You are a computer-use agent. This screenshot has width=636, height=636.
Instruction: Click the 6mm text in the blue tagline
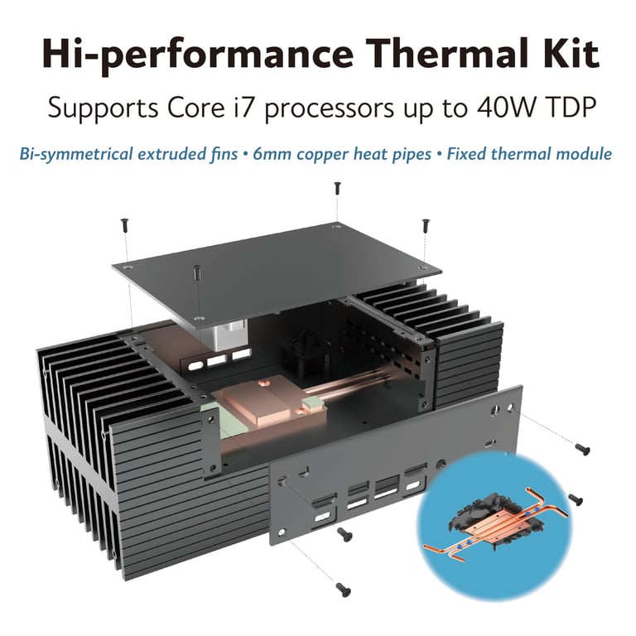point(273,155)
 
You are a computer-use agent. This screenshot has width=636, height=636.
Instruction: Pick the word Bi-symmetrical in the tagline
point(77,155)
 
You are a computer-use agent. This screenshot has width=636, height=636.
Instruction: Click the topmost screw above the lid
point(337,189)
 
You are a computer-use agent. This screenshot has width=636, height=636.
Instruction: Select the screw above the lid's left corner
point(124,225)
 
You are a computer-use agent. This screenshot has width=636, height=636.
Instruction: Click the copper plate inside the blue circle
point(497,526)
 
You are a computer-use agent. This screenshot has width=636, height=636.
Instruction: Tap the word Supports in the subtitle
point(103,108)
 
